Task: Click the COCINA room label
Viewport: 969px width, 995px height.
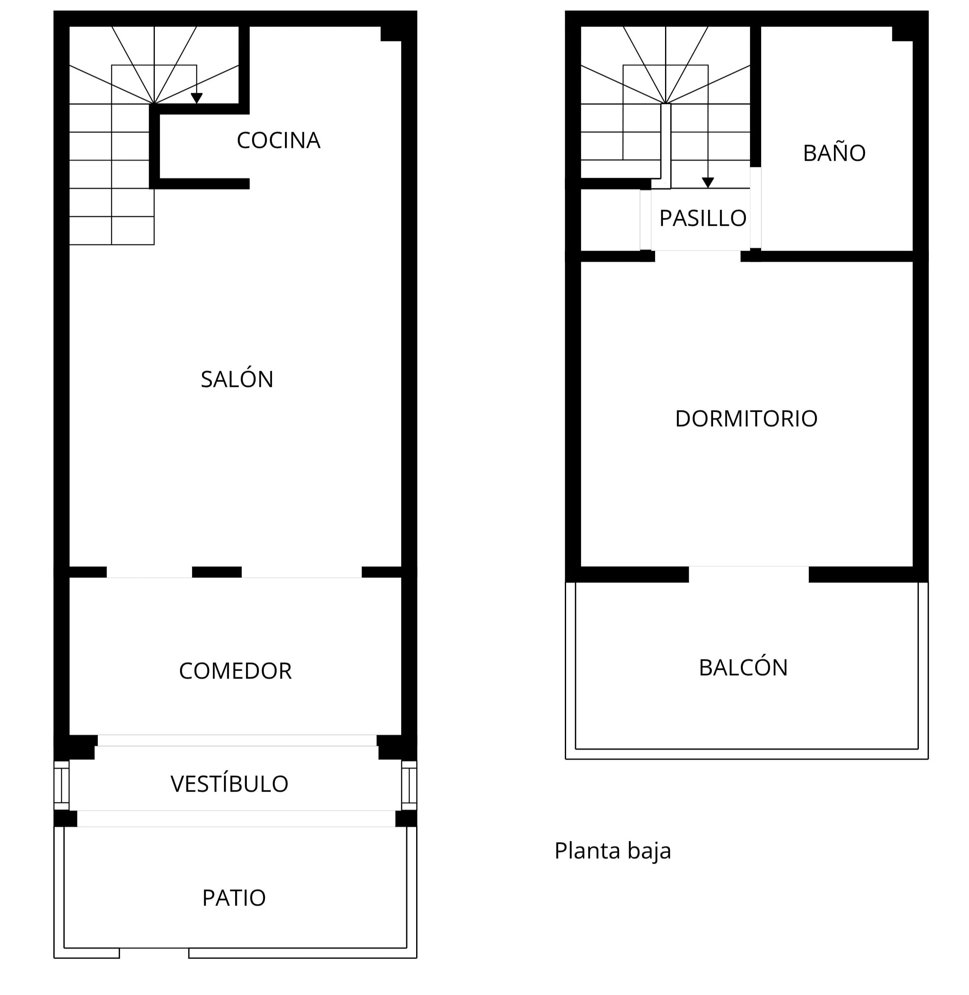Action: click(278, 140)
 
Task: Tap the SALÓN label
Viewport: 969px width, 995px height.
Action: click(237, 379)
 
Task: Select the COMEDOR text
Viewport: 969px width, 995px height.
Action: click(235, 671)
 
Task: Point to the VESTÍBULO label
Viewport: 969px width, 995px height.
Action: click(229, 783)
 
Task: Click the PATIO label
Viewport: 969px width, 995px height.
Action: click(234, 898)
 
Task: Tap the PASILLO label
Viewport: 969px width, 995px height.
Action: click(703, 218)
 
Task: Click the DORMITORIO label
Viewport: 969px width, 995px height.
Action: click(746, 418)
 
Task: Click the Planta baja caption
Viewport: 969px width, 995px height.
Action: click(613, 851)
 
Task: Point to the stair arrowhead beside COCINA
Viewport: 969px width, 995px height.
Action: click(196, 98)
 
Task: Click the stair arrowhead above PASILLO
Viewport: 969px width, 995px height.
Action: click(708, 183)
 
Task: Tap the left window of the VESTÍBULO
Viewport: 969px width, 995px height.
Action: click(62, 785)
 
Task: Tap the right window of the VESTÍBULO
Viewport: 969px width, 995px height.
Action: click(409, 785)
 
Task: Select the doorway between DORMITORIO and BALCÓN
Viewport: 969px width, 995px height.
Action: click(749, 574)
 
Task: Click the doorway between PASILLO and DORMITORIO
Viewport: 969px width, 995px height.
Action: click(698, 256)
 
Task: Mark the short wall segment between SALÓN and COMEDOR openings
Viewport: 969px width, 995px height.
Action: click(217, 572)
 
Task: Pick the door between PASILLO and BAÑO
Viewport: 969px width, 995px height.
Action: click(756, 208)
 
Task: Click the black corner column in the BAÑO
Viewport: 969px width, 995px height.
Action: click(902, 34)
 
